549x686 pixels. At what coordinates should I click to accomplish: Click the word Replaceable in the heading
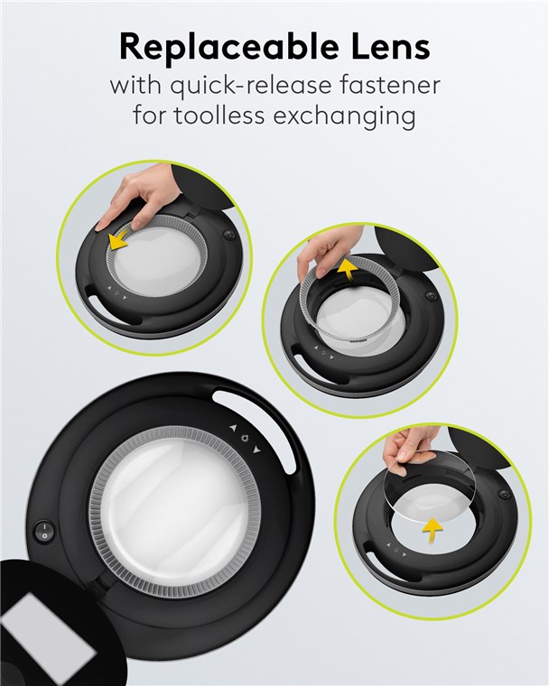(228, 47)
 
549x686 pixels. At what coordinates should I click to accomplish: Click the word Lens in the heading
(390, 47)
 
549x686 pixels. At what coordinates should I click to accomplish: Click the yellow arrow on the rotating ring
(119, 237)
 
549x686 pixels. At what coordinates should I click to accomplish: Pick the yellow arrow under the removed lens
(433, 530)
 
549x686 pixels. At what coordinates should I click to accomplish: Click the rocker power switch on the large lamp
(44, 531)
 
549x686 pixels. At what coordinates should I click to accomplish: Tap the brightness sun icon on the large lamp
(245, 439)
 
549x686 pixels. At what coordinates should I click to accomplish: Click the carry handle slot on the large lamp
(262, 430)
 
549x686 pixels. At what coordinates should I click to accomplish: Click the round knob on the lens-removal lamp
(505, 495)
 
